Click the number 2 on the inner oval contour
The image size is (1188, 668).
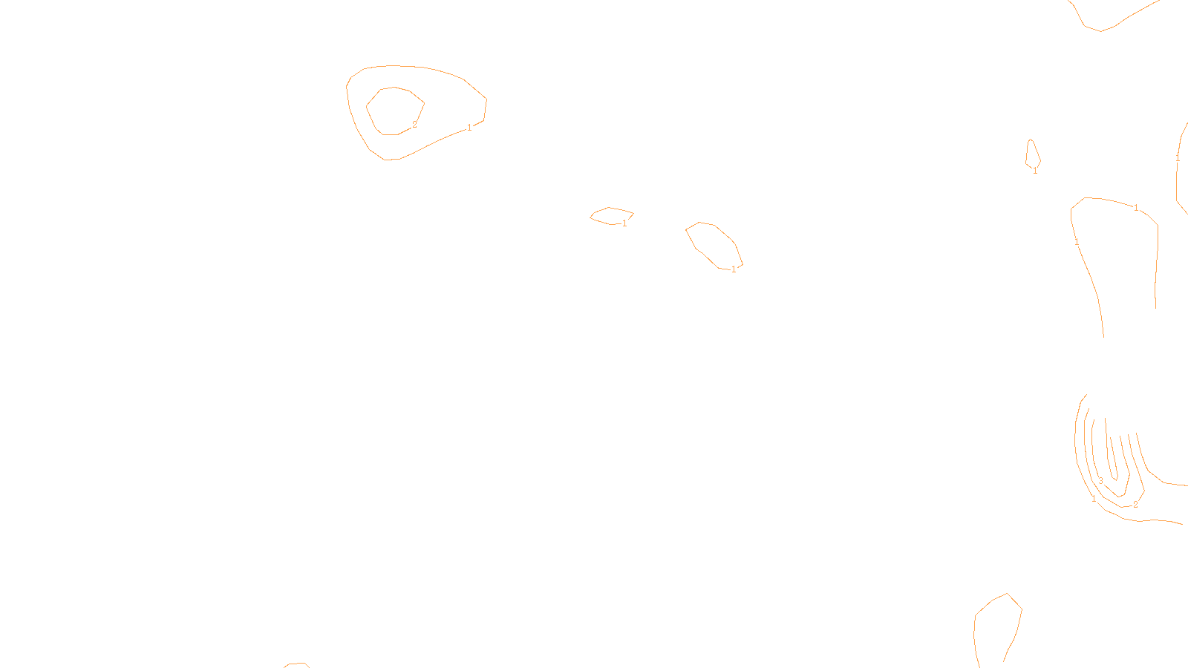click(414, 125)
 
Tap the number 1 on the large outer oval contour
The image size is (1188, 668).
click(469, 128)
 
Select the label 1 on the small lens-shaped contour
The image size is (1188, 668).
click(624, 223)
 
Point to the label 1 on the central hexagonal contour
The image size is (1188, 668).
click(734, 269)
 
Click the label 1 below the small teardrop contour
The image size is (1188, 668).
click(1035, 171)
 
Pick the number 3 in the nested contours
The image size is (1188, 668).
click(1100, 481)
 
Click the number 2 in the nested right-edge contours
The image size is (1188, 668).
click(1135, 505)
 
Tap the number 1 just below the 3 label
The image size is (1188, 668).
click(1094, 500)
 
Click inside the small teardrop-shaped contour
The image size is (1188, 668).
click(1032, 154)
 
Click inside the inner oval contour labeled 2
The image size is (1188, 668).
click(394, 110)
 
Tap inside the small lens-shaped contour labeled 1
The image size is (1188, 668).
click(610, 215)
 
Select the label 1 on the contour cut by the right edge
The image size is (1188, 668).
click(1178, 158)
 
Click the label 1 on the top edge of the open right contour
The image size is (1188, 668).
click(1136, 208)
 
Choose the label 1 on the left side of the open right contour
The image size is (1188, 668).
click(1077, 242)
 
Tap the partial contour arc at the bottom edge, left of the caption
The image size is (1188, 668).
click(296, 664)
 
